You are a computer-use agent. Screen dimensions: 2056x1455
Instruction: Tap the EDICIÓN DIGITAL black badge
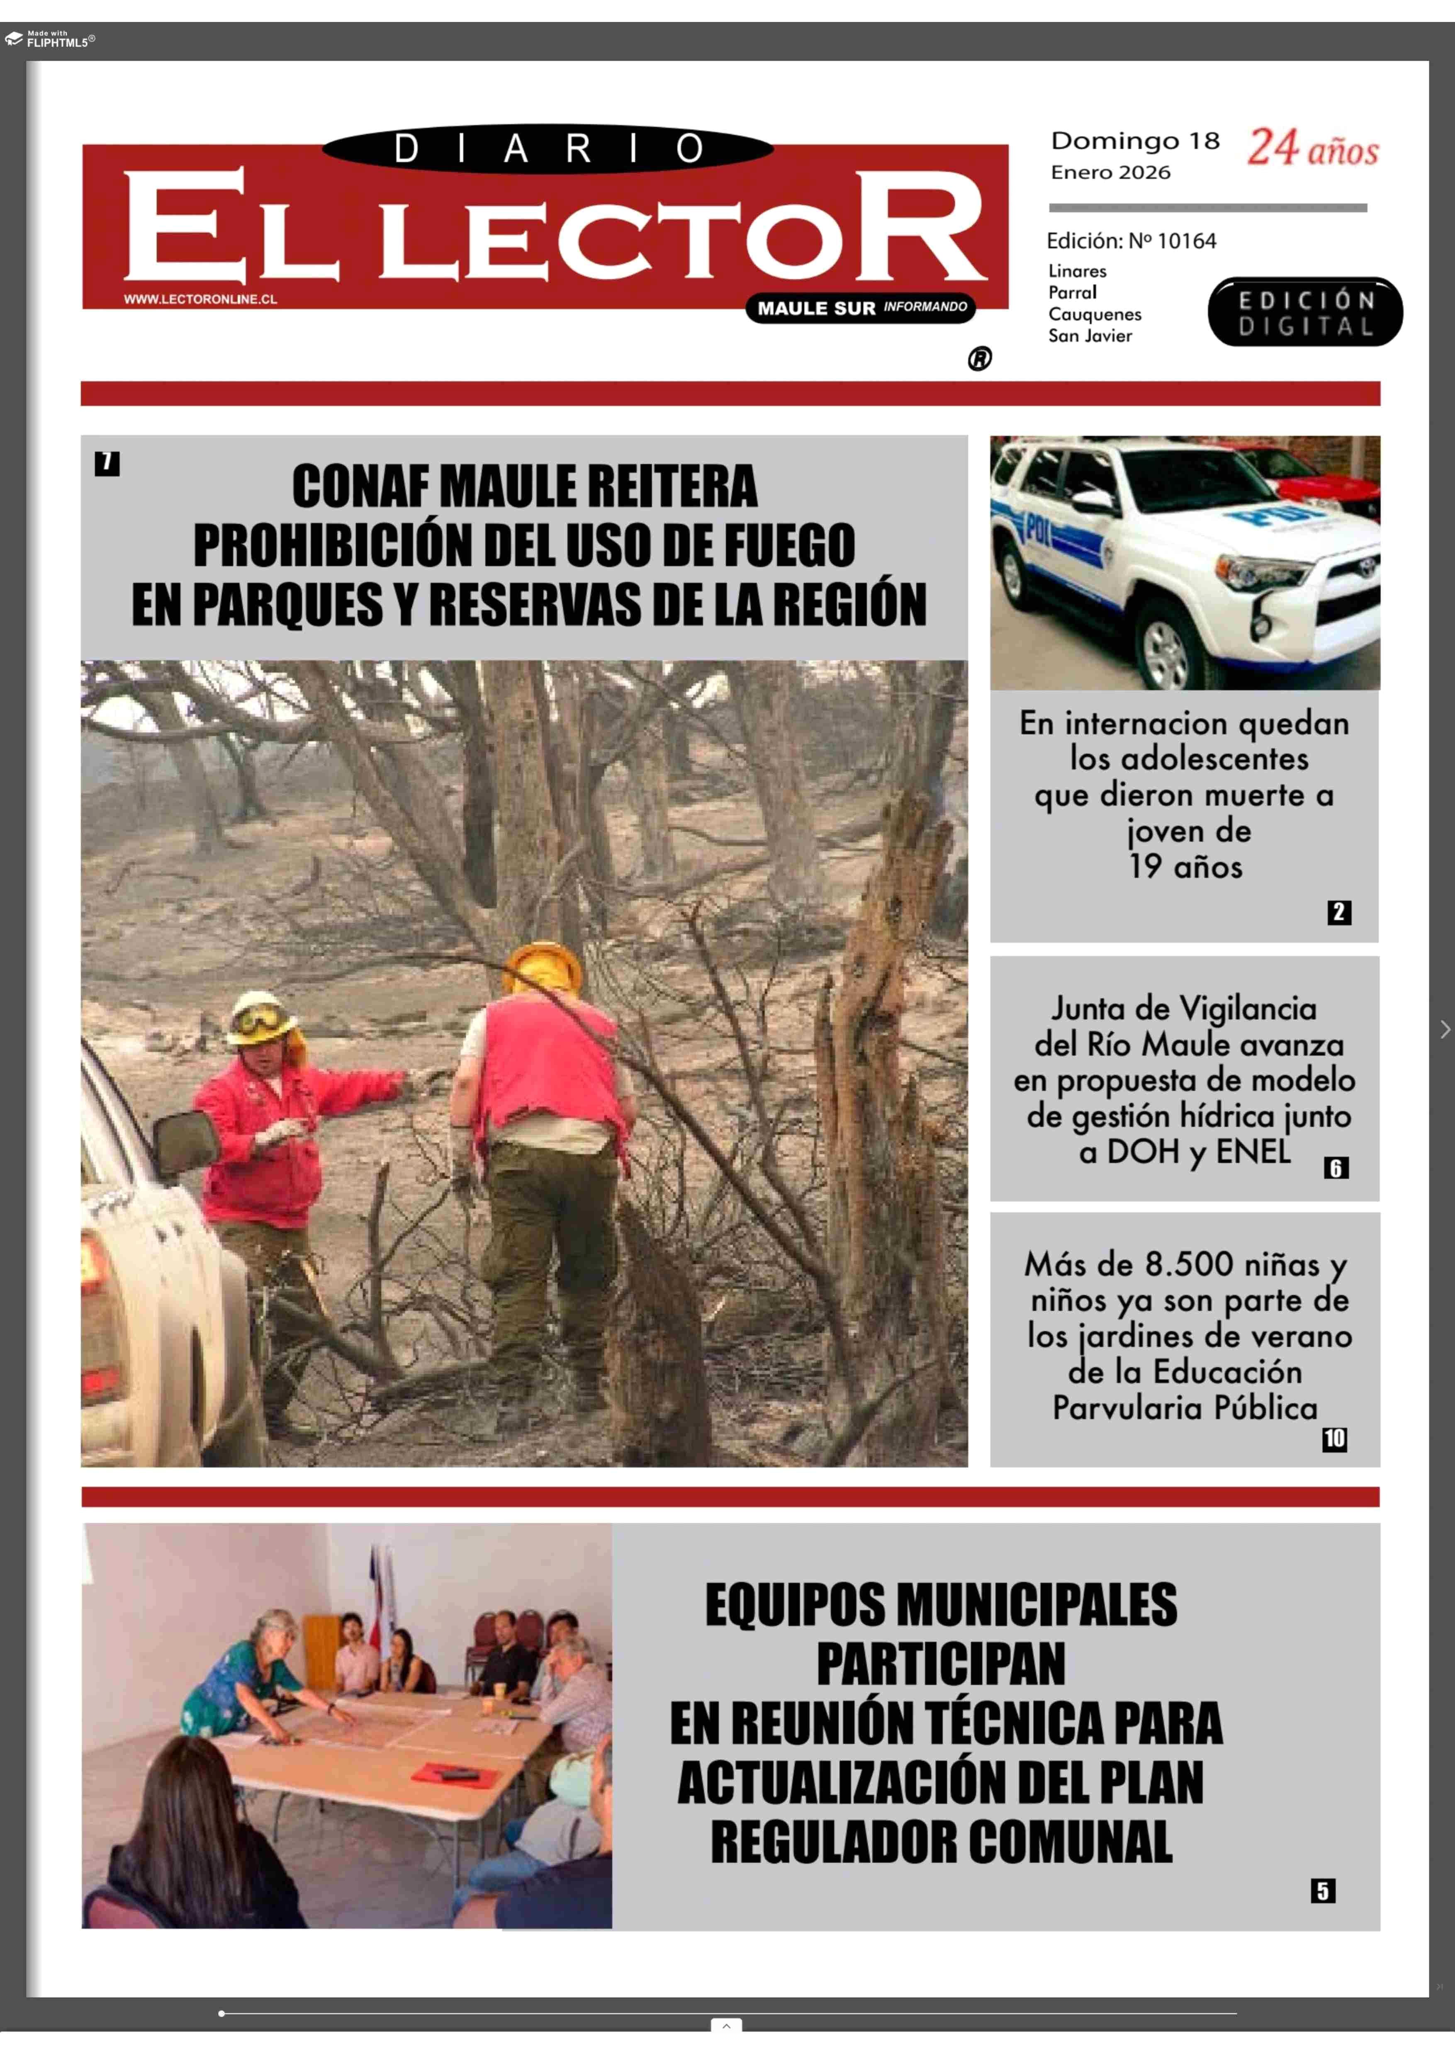coord(1304,312)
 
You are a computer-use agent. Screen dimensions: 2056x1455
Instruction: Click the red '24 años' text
coord(1313,148)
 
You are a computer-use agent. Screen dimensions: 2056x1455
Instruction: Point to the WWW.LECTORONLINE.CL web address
coord(200,299)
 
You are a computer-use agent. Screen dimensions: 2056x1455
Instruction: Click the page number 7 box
coord(107,463)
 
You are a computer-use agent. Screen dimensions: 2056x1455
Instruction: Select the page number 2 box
coord(1338,912)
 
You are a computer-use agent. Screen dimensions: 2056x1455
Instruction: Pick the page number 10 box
coord(1334,1439)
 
